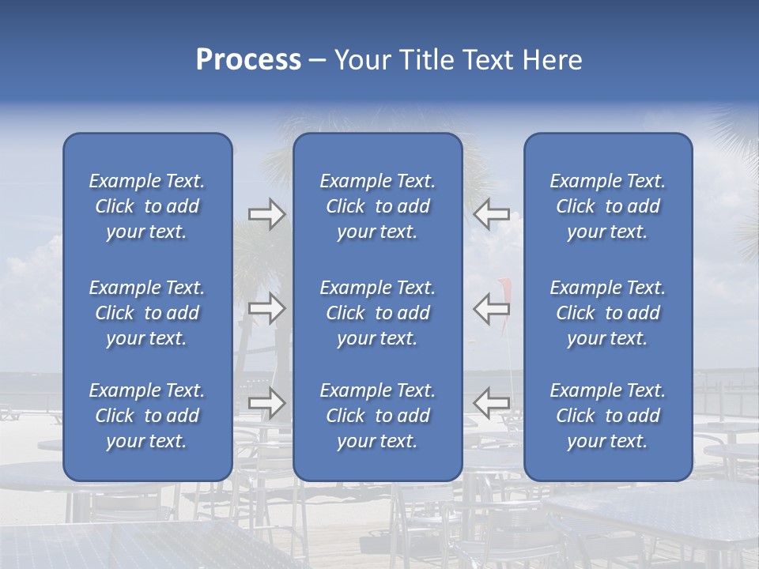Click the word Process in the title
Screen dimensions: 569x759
pyautogui.click(x=248, y=60)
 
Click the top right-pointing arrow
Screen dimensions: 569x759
pyautogui.click(x=266, y=214)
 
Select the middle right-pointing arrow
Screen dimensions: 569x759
pyautogui.click(x=266, y=308)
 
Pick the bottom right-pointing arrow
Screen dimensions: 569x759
pyautogui.click(x=266, y=402)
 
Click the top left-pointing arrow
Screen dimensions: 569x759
pyautogui.click(x=491, y=214)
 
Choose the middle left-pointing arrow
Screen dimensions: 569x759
pyautogui.click(x=491, y=308)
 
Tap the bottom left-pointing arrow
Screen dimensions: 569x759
pyautogui.click(x=491, y=402)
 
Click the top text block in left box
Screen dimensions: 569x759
pyautogui.click(x=147, y=206)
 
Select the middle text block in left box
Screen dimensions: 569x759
pyautogui.click(x=147, y=313)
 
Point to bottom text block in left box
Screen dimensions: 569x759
pyautogui.click(x=147, y=416)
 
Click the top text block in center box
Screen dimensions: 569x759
pyautogui.click(x=378, y=206)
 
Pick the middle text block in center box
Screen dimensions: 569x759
pyautogui.click(x=378, y=313)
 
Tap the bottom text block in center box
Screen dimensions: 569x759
pyautogui.click(x=378, y=416)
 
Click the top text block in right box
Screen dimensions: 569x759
pyautogui.click(x=608, y=206)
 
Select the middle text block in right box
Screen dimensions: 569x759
pyautogui.click(x=608, y=313)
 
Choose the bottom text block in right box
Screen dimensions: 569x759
pyautogui.click(x=608, y=416)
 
